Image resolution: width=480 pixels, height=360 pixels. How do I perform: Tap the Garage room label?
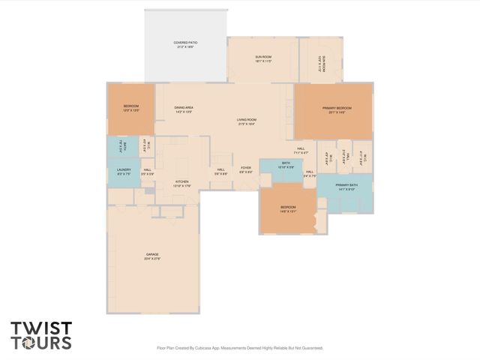[153, 256]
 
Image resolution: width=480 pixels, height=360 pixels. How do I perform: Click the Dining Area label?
[184, 109]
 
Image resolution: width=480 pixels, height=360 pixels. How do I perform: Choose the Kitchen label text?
[182, 183]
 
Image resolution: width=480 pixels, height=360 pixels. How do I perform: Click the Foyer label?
[245, 169]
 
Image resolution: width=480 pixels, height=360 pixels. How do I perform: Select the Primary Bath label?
[346, 187]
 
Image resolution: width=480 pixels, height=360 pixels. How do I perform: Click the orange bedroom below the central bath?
[288, 208]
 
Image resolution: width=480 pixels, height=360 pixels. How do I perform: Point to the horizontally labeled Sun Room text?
[262, 58]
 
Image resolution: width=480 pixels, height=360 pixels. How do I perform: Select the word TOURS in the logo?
[41, 343]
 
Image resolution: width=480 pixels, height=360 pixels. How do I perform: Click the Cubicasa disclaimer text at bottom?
[239, 348]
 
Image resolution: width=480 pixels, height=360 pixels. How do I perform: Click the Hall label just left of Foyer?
[221, 171]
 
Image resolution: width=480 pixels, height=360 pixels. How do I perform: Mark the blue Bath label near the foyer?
[286, 164]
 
